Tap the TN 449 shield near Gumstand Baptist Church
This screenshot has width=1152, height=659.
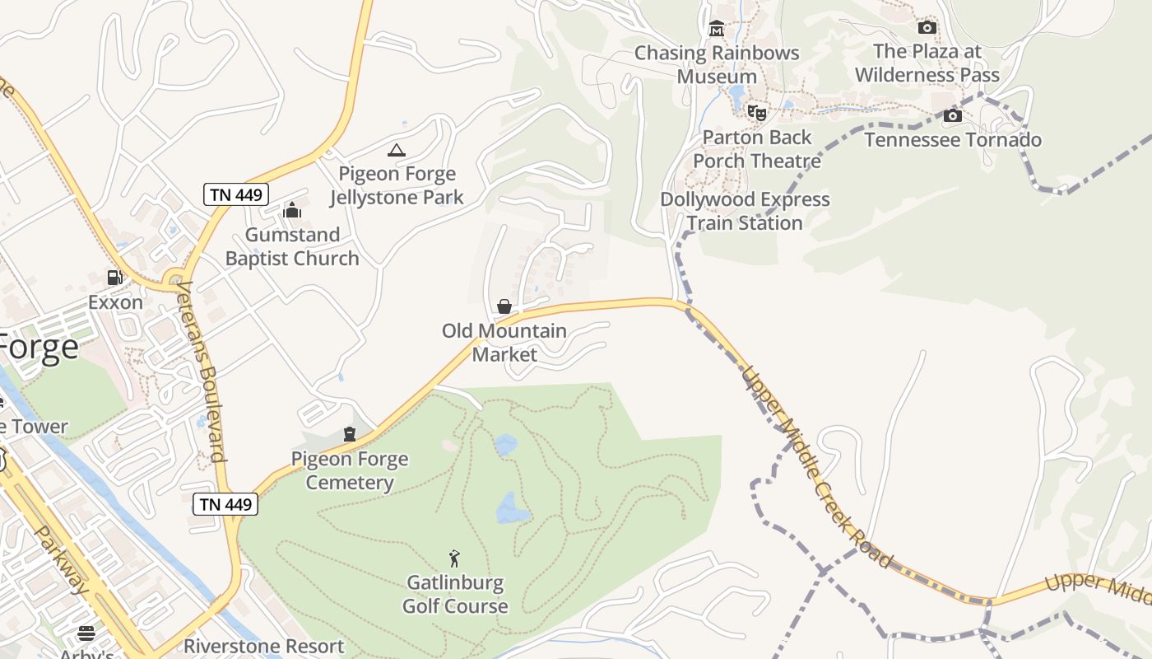tap(236, 194)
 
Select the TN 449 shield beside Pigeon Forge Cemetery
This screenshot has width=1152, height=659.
tap(225, 504)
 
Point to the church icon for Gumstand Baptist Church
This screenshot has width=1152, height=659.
tap(292, 211)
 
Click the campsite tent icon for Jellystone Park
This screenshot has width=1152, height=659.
tap(397, 150)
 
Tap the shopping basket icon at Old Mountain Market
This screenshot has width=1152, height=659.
tap(504, 306)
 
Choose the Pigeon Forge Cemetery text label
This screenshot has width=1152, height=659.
tap(350, 470)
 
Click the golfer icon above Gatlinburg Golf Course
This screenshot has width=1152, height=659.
tap(454, 559)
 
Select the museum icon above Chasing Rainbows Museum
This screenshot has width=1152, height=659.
tap(717, 30)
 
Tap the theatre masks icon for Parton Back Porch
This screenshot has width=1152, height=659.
tap(757, 113)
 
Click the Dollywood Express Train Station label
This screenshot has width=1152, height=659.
tap(745, 211)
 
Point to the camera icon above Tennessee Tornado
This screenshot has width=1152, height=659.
tap(953, 115)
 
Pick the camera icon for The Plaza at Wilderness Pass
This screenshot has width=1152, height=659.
tap(927, 27)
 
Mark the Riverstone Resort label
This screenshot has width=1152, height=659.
tap(263, 646)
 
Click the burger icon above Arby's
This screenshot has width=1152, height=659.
tap(86, 633)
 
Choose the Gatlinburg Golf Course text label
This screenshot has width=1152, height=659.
tap(455, 594)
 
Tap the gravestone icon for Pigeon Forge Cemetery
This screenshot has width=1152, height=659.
tap(350, 434)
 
